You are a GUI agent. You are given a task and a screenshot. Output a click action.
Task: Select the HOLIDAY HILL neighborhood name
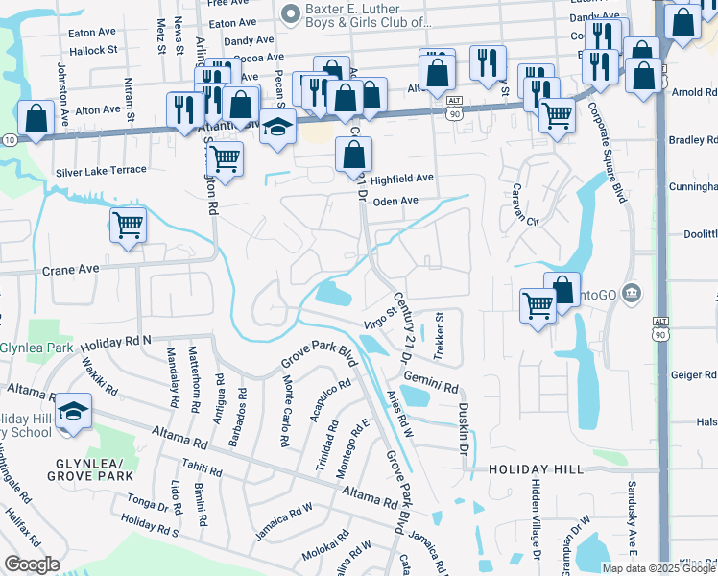click(535, 469)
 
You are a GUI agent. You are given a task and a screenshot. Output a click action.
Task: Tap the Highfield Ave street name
click(402, 179)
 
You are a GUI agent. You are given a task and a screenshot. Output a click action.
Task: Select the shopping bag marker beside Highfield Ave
click(354, 154)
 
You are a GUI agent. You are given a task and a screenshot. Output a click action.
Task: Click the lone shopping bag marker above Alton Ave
click(36, 119)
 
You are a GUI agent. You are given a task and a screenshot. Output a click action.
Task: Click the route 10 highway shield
click(8, 140)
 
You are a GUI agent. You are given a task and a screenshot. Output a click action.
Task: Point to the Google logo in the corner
click(32, 564)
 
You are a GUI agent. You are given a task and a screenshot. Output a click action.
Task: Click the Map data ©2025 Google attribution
click(658, 568)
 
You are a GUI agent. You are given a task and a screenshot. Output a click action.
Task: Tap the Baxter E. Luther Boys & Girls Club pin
click(291, 12)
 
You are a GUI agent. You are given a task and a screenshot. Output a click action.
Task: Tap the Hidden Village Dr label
click(536, 519)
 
